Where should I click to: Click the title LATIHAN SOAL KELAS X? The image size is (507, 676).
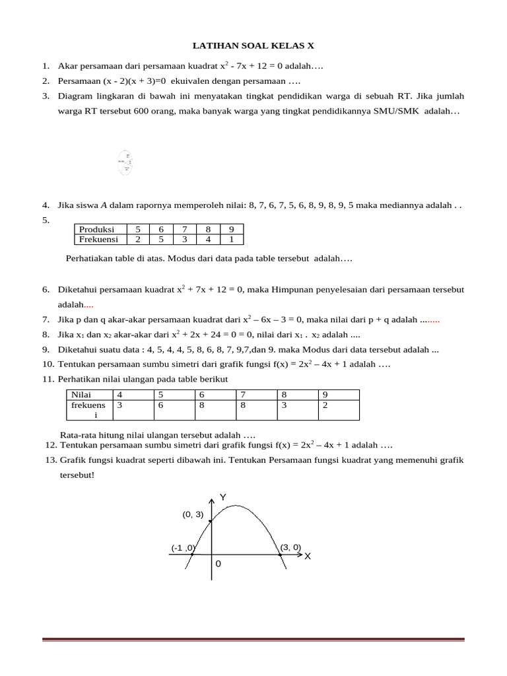coord(253,46)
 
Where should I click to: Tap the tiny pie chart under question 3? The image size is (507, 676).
coord(125,162)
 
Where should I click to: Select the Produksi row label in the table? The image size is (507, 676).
coord(96,230)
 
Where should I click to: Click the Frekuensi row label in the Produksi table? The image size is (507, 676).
coord(98,240)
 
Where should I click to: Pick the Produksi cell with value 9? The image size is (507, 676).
coord(231,230)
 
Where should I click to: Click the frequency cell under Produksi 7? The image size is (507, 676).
coord(185,240)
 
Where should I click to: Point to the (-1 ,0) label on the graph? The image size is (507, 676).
coord(183,548)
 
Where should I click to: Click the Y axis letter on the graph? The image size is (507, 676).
coord(223,497)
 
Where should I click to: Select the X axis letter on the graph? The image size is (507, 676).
coord(307,557)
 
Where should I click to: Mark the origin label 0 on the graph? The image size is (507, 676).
coord(219,564)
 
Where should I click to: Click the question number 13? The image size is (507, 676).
coord(50,460)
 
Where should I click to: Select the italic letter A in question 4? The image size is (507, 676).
coord(104,205)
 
